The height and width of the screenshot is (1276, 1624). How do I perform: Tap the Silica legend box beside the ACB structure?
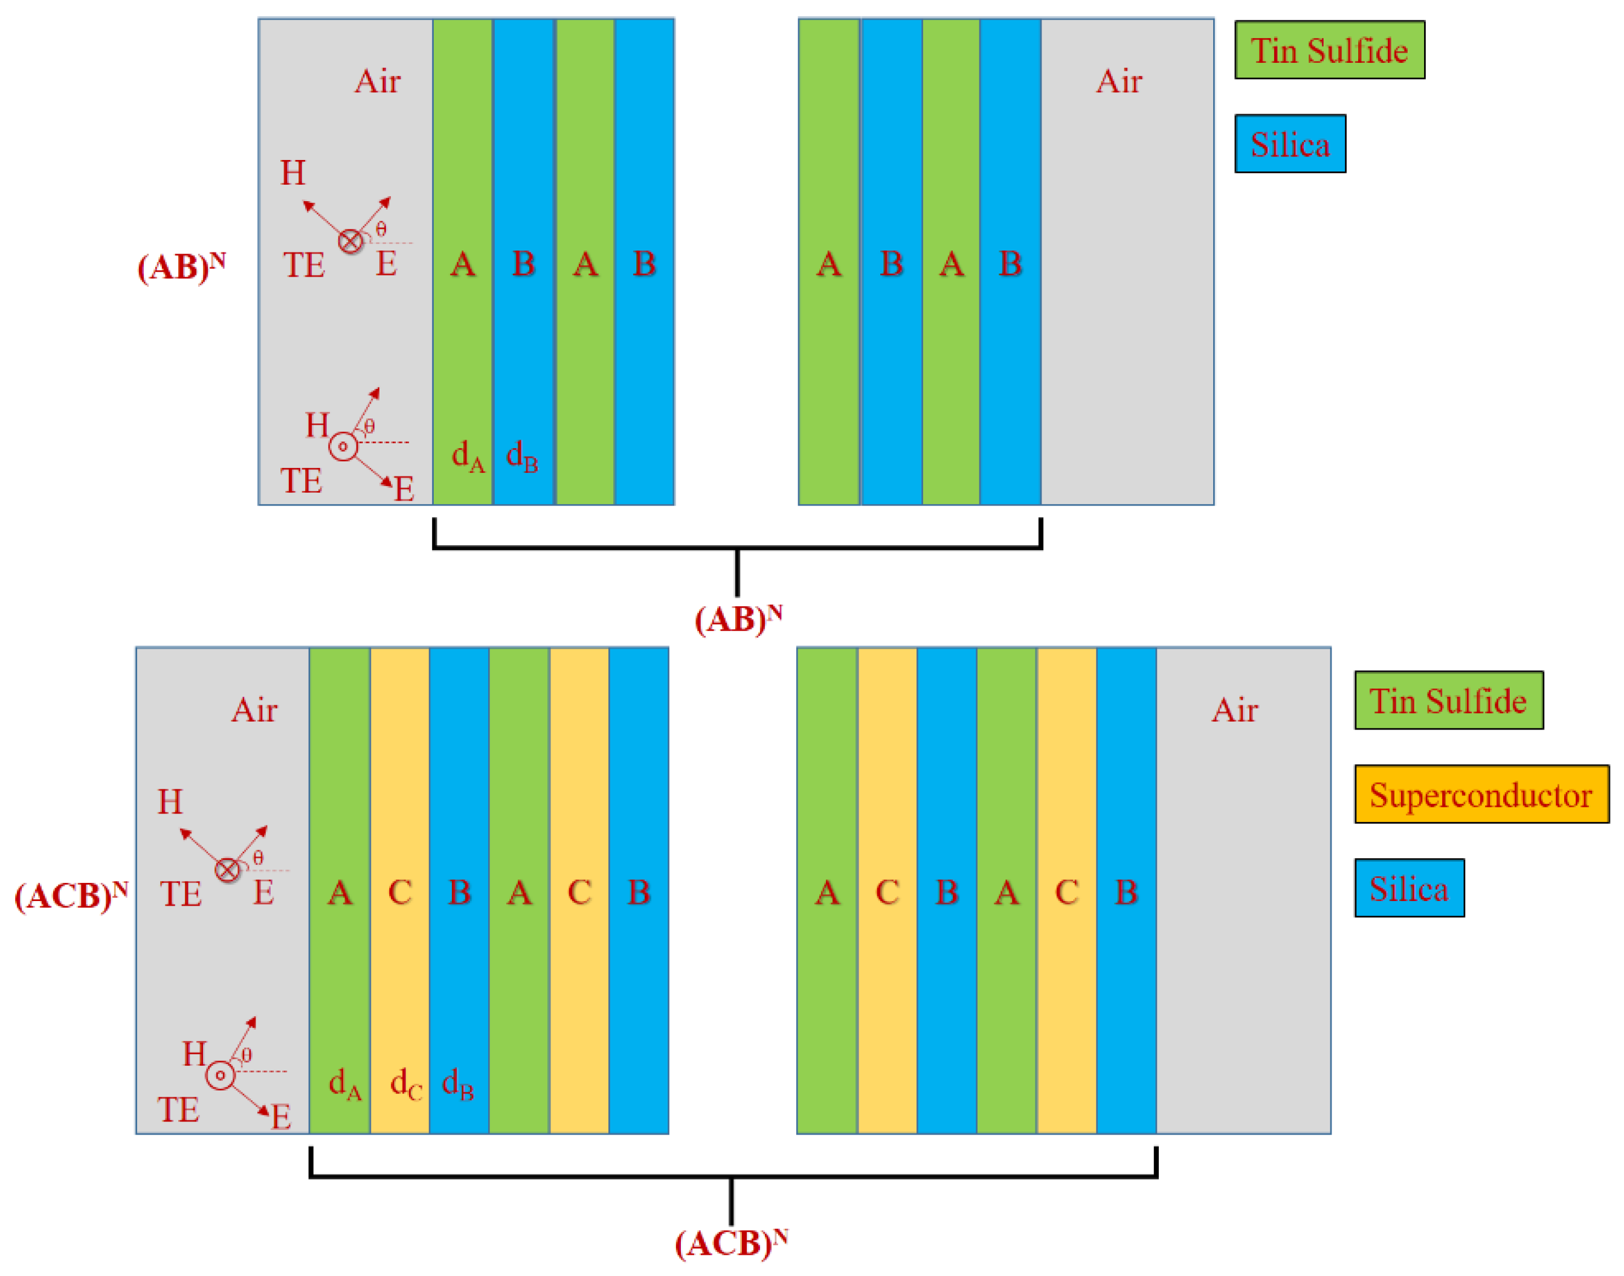(x=1409, y=888)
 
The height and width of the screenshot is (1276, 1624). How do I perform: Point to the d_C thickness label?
(x=406, y=1083)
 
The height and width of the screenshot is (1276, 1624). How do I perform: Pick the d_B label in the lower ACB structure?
(x=458, y=1083)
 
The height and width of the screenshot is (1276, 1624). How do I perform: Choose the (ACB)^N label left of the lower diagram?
(x=71, y=895)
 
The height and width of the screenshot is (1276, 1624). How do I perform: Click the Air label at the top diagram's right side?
(x=1119, y=81)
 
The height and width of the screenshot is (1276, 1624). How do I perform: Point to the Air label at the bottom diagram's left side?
(x=254, y=710)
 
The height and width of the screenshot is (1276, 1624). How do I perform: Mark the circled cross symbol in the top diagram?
(x=350, y=242)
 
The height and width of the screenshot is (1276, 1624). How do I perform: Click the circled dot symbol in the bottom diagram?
(x=220, y=1075)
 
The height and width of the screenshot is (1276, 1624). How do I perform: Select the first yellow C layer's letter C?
(x=400, y=892)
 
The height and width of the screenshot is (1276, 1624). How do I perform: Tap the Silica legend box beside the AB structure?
(x=1290, y=144)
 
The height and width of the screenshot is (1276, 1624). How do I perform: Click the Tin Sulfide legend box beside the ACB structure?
(x=1448, y=701)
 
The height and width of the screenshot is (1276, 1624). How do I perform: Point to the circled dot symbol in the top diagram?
(x=343, y=447)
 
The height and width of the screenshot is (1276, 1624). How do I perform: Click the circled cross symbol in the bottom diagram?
(x=227, y=870)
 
